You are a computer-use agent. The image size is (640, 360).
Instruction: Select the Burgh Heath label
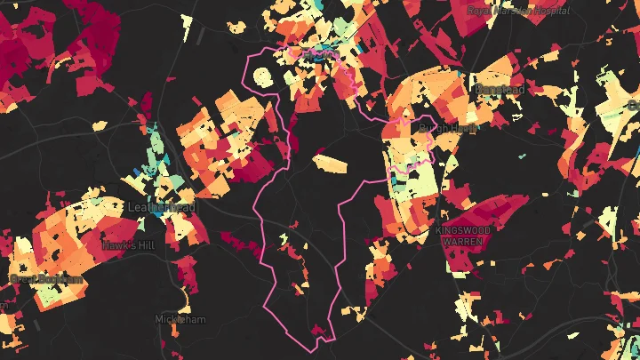[448, 128]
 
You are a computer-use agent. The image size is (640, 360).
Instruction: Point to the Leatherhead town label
[162, 206]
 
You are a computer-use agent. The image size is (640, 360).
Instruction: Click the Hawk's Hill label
[129, 245]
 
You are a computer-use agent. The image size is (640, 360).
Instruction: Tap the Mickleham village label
[180, 318]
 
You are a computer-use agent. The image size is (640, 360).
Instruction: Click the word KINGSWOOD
[462, 229]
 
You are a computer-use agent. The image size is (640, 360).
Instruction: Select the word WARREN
[462, 241]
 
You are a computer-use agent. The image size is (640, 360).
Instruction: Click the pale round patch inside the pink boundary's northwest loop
[261, 76]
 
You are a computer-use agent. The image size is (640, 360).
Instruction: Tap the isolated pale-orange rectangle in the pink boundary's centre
[329, 164]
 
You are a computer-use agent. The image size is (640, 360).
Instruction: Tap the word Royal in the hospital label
[480, 11]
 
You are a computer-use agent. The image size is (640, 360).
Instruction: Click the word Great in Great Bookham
[23, 280]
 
